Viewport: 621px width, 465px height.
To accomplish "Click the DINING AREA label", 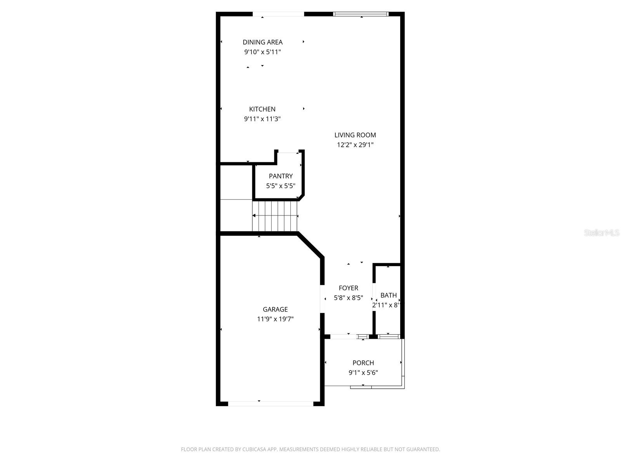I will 262,42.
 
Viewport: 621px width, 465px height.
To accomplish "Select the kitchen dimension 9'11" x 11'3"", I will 262,119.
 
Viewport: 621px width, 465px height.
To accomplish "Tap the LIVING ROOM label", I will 355,135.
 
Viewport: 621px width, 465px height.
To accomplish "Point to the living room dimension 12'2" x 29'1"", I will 355,145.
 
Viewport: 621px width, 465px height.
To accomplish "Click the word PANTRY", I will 281,176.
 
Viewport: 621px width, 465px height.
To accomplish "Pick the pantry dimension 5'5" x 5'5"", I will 281,186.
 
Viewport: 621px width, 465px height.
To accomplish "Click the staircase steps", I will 275,216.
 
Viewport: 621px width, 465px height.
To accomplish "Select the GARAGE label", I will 275,309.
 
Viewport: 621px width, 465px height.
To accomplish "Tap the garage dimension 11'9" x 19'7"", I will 275,319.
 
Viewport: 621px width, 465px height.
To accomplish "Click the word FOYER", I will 348,288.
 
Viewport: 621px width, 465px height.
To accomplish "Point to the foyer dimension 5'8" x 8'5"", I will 348,298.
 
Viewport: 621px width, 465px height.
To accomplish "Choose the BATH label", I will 389,295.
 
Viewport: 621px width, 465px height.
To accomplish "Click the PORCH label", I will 363,363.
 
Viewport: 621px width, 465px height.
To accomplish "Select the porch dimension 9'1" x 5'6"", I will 363,373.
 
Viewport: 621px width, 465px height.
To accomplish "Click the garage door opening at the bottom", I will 271,404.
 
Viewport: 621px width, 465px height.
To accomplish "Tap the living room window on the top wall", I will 361,14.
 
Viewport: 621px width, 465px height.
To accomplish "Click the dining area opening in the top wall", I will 278,14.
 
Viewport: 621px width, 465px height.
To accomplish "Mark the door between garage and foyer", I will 322,299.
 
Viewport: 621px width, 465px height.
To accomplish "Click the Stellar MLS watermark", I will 601,232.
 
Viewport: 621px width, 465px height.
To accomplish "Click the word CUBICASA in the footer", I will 255,449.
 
